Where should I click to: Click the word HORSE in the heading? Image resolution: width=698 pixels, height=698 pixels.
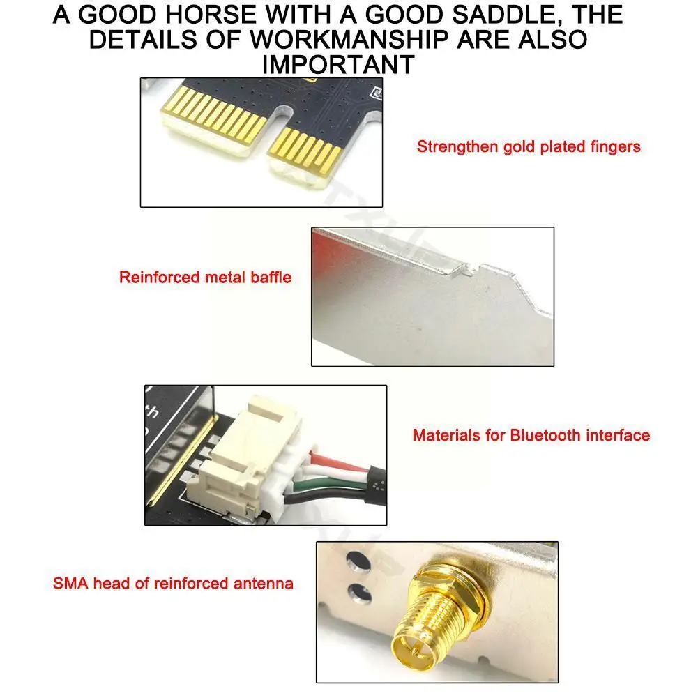point(211,14)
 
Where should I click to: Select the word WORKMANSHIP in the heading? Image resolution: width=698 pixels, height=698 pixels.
point(349,40)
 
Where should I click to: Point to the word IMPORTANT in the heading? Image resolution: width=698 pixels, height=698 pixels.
point(338,65)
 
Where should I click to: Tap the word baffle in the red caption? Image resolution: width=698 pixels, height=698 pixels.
point(271,278)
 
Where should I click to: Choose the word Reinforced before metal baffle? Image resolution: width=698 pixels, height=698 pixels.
point(160,278)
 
